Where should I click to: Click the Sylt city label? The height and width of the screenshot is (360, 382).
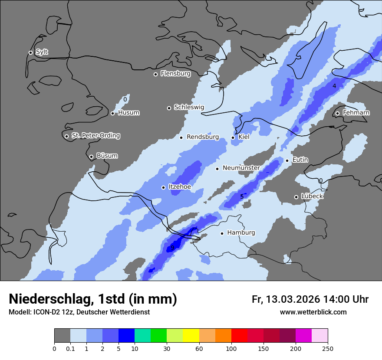coord(42,52)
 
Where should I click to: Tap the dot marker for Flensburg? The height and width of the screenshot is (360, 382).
coord(155,74)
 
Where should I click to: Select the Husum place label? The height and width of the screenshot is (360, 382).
coord(128,113)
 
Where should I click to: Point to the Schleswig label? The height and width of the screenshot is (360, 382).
coord(189,107)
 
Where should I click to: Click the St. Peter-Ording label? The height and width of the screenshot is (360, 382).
coord(95,136)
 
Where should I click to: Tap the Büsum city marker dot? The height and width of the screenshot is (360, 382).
coord(91,157)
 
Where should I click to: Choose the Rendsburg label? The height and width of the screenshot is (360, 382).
coord(203,137)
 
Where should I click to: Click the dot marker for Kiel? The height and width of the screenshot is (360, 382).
coord(233,137)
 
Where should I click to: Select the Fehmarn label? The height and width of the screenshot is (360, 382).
coord(356,113)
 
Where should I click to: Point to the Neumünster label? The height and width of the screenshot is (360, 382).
coord(241,168)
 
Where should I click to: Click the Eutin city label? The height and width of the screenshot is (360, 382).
coord(300,160)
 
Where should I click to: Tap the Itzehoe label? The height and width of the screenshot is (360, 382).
coord(180,187)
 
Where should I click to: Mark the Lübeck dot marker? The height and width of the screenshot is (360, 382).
coord(296,197)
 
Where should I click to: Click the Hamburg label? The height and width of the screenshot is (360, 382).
coord(241,233)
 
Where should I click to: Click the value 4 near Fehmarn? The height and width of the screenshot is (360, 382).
coord(334,86)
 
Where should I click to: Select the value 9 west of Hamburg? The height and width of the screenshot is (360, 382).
coord(172,248)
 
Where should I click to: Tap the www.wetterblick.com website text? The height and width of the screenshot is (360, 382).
coord(313,312)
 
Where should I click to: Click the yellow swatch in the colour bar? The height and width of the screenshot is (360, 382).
coord(191,336)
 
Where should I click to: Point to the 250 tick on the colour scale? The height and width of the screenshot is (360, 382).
coord(328,348)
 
